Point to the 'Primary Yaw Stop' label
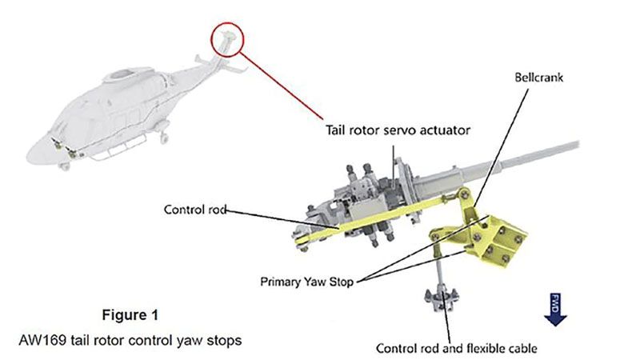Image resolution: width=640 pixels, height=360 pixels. coord(303,281)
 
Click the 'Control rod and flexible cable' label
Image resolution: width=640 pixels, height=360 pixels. coord(457,348)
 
